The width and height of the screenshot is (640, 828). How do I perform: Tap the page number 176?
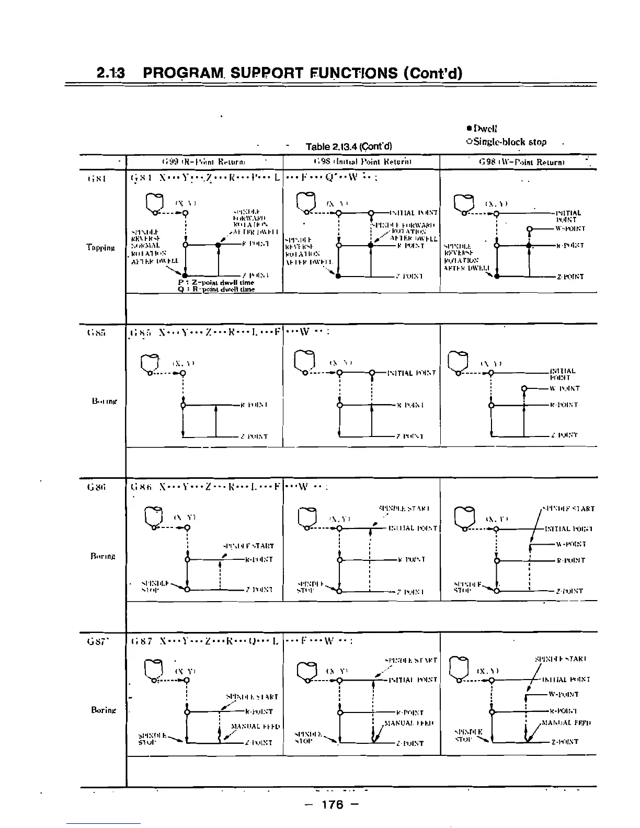pyautogui.click(x=333, y=804)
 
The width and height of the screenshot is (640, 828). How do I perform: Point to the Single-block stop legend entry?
pyautogui.click(x=506, y=142)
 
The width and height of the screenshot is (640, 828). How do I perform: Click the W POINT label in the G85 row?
pyautogui.click(x=564, y=388)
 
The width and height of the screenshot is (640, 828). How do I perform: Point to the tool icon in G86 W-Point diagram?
pyautogui.click(x=465, y=517)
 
